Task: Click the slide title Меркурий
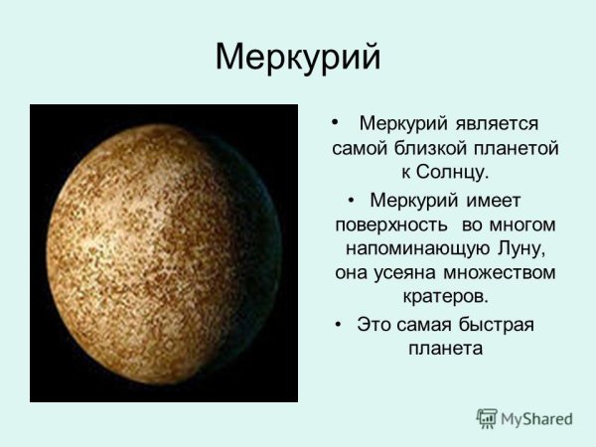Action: [x=298, y=57]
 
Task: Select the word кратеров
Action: [x=445, y=297]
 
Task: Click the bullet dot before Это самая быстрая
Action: [x=339, y=325]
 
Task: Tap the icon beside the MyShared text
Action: [x=487, y=417]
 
